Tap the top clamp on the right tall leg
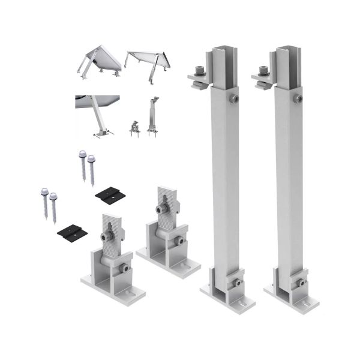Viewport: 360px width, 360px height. pos(262,76)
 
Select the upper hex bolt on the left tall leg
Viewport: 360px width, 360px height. pos(234,98)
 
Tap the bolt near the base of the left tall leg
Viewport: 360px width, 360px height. pos(238,282)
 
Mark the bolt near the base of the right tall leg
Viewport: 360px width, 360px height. pos(301,282)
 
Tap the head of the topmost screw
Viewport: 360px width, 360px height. pos(82,154)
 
